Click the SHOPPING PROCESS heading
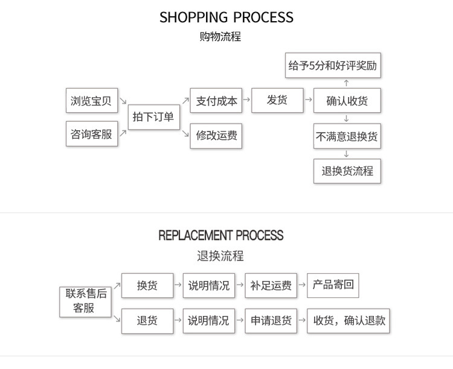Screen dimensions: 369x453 tap(226, 17)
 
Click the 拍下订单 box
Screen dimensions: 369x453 tap(153, 117)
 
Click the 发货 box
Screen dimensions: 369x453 tap(277, 101)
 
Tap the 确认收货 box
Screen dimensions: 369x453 tap(347, 101)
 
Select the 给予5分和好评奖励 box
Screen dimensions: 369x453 tap(333, 66)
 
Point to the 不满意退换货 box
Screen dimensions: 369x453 tap(347, 136)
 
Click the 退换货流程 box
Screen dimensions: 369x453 tap(347, 171)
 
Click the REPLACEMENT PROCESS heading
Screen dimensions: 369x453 tap(220, 235)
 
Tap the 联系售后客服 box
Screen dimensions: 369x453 tap(86, 301)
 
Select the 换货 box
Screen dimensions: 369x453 tap(147, 286)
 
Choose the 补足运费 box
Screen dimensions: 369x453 tap(271, 286)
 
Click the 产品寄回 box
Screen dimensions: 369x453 tap(333, 285)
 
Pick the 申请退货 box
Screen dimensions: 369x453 tap(271, 321)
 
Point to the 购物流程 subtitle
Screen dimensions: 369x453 tap(220, 37)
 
